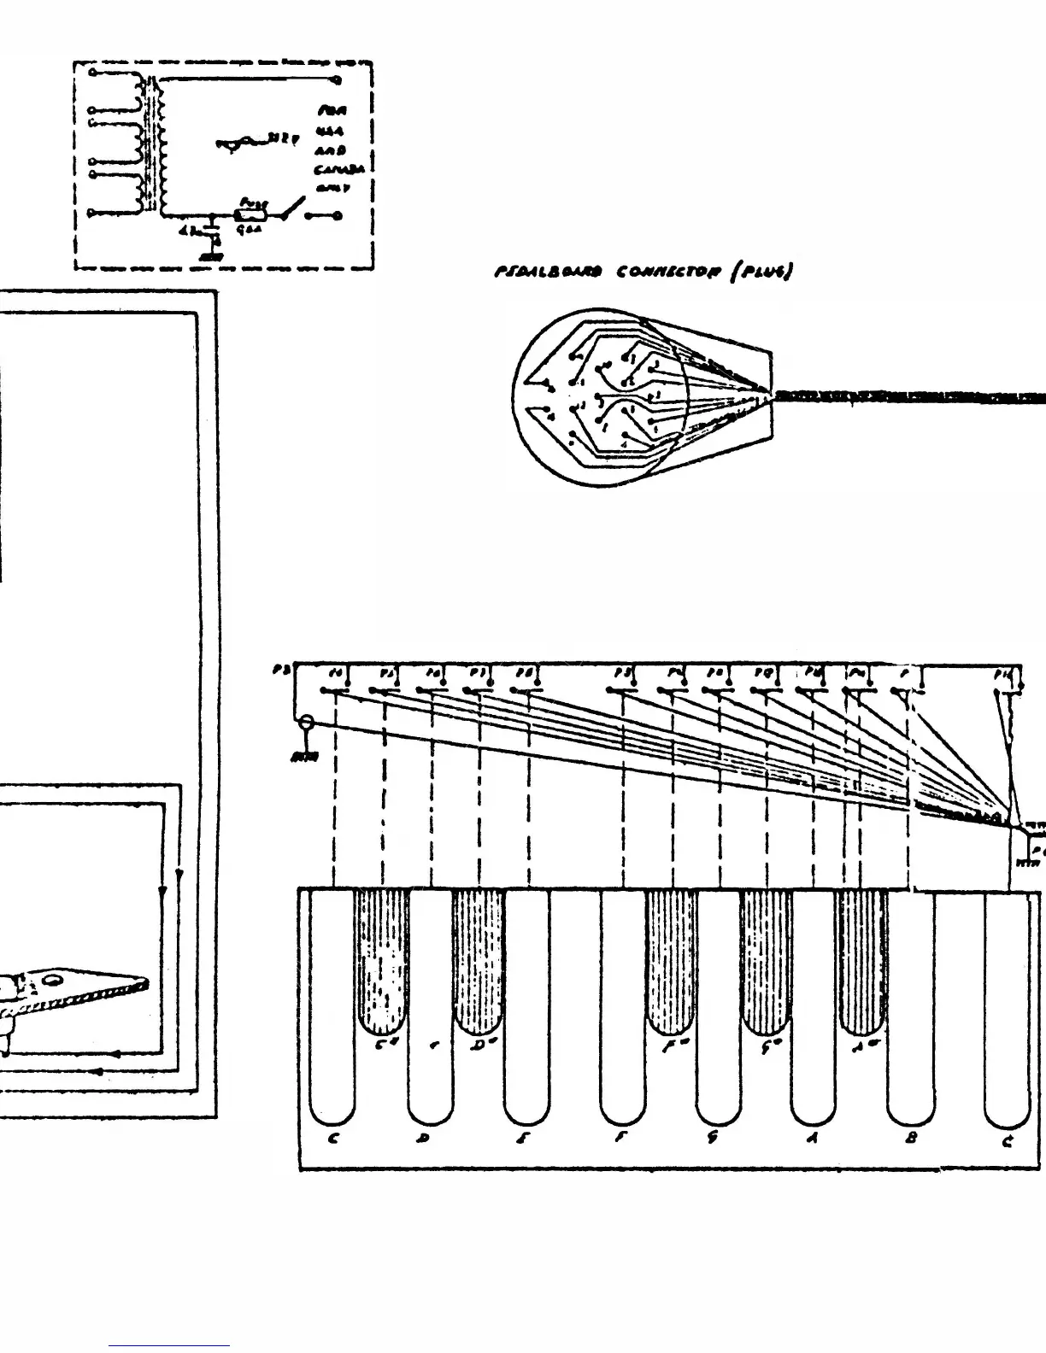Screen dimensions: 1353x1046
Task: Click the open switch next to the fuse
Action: pyautogui.click(x=293, y=208)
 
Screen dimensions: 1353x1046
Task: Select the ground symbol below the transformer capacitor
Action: pyautogui.click(x=209, y=255)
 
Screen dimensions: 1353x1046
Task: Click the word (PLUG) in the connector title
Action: pyautogui.click(x=765, y=272)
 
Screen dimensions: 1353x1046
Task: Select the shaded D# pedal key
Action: pyautogui.click(x=479, y=961)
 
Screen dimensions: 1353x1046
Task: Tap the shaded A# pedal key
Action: pyautogui.click(x=861, y=961)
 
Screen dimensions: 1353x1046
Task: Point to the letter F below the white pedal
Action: pyautogui.click(x=622, y=1139)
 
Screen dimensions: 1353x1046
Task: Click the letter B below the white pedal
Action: pyautogui.click(x=911, y=1139)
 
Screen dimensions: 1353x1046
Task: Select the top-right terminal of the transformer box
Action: pyautogui.click(x=338, y=80)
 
